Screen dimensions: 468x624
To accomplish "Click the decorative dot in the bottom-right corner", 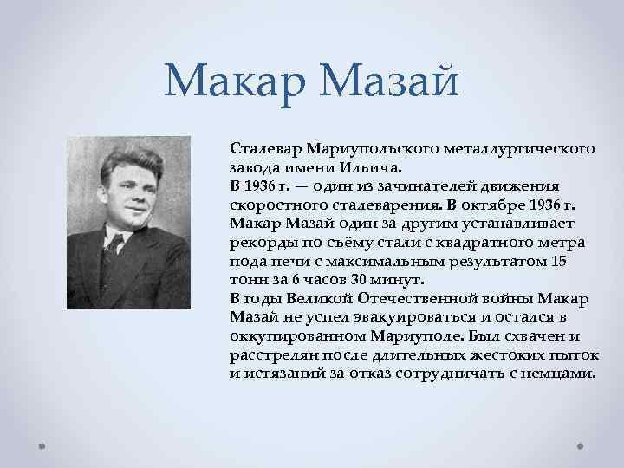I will click(580, 448).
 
